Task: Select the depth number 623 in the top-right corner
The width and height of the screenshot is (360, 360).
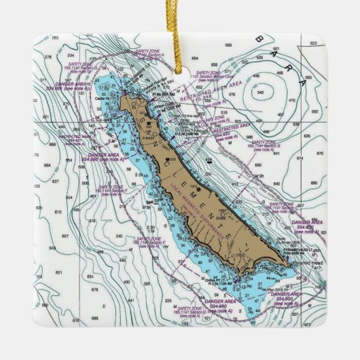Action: tap(313, 43)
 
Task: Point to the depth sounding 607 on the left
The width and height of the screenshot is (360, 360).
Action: tap(65, 236)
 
